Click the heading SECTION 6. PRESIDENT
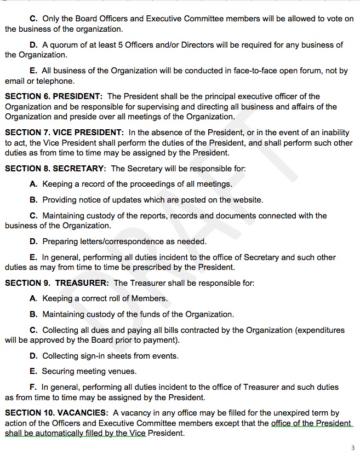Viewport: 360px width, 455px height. [x=54, y=96]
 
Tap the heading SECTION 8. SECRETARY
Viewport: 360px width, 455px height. [x=55, y=169]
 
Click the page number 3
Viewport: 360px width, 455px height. [x=353, y=447]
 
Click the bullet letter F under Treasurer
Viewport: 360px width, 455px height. [x=33, y=387]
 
